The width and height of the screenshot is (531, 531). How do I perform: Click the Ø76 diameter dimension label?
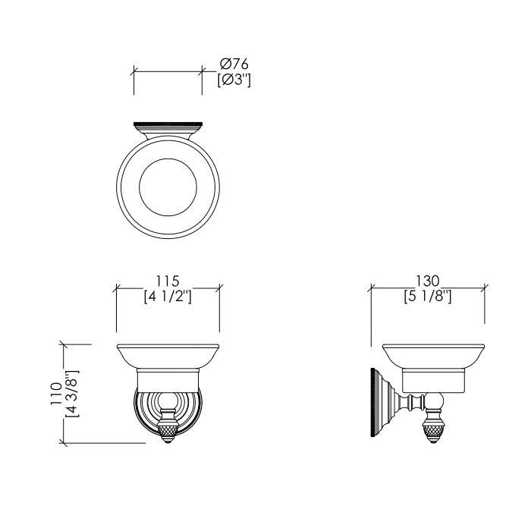(x=234, y=64)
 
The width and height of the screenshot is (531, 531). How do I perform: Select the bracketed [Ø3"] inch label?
(x=234, y=80)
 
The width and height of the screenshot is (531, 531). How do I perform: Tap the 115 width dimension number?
(x=168, y=281)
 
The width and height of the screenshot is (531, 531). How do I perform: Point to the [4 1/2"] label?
(x=168, y=297)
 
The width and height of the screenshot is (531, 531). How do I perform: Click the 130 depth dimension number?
(x=427, y=281)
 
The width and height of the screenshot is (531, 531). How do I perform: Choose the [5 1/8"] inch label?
(x=428, y=297)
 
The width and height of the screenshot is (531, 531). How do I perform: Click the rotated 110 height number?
(x=56, y=394)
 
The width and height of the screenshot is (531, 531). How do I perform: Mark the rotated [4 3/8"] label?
(x=72, y=394)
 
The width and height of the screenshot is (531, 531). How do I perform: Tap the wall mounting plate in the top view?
(x=168, y=124)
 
